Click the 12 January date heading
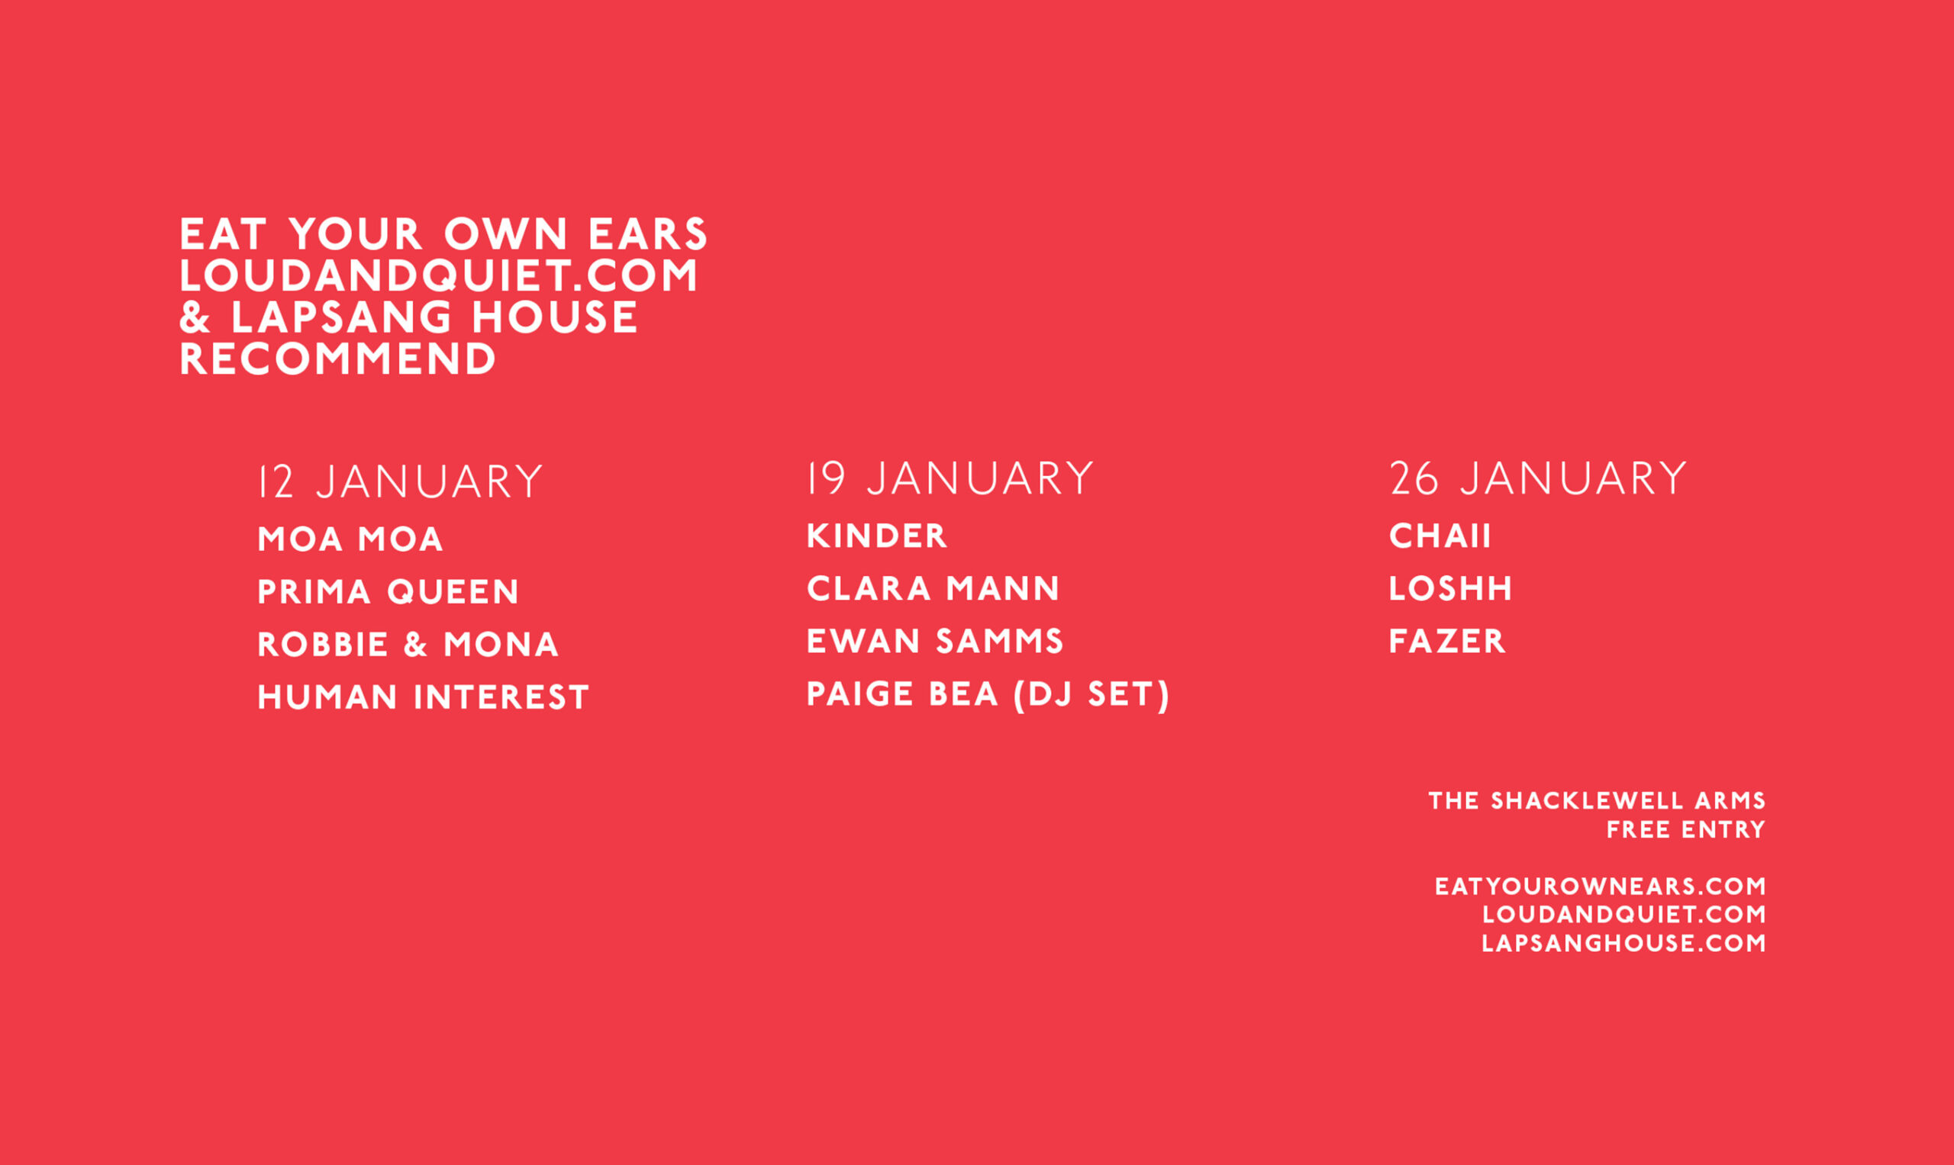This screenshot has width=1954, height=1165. [401, 482]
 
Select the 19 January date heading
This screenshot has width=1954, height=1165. [950, 479]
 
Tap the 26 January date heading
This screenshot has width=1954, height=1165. [1538, 479]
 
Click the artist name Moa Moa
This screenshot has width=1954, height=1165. [350, 539]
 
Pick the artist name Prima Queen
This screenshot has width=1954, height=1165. [388, 592]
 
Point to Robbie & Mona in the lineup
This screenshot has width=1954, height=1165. [408, 645]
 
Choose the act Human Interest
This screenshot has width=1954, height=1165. [424, 697]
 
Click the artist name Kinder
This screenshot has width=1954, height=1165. [877, 536]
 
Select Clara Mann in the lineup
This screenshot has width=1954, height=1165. [933, 589]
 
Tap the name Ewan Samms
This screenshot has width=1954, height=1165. [935, 642]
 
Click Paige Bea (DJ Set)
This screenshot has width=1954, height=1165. [988, 695]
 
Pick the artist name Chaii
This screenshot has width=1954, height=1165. [1440, 536]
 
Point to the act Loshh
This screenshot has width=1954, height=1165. [1450, 589]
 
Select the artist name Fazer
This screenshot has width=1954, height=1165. [1447, 642]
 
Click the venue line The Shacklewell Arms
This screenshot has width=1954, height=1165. [1597, 801]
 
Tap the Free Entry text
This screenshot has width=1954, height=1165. [1686, 830]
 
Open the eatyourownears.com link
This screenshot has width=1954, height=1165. [1601, 887]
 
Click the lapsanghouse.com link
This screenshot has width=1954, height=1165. [1623, 943]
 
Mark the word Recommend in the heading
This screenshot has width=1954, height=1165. [338, 359]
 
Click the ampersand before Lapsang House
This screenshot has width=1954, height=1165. [195, 317]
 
